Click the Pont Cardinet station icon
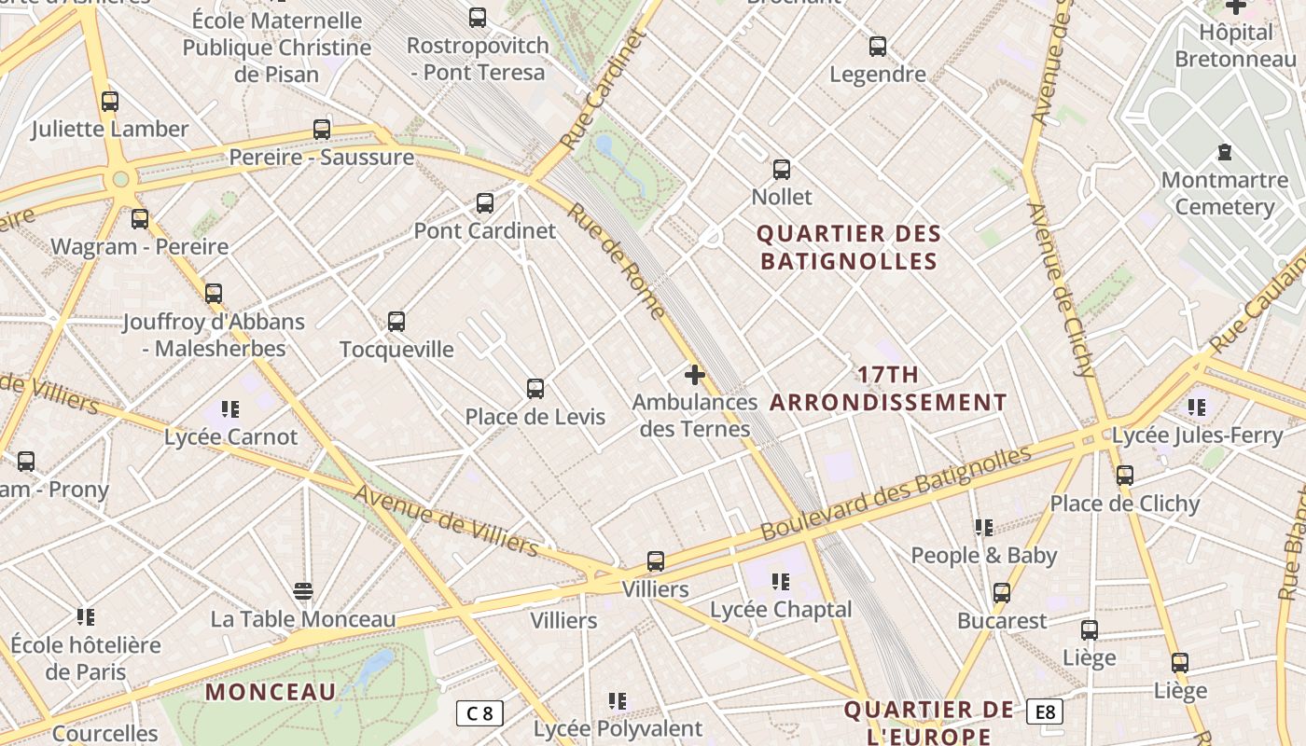(485, 203)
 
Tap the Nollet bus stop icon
(782, 170)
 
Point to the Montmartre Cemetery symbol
(1225, 152)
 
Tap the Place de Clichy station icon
(1125, 476)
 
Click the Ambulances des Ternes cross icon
(694, 375)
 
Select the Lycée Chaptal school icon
(781, 582)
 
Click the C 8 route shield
(479, 713)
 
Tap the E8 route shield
(1045, 712)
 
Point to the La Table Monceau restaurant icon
(302, 591)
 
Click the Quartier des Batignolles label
(848, 246)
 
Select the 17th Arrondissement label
(888, 389)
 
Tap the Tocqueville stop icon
(396, 322)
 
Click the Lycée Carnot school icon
(230, 408)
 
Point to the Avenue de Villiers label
(446, 520)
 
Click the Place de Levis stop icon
(535, 389)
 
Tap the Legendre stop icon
(878, 47)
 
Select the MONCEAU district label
(270, 692)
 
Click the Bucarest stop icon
(1002, 593)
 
